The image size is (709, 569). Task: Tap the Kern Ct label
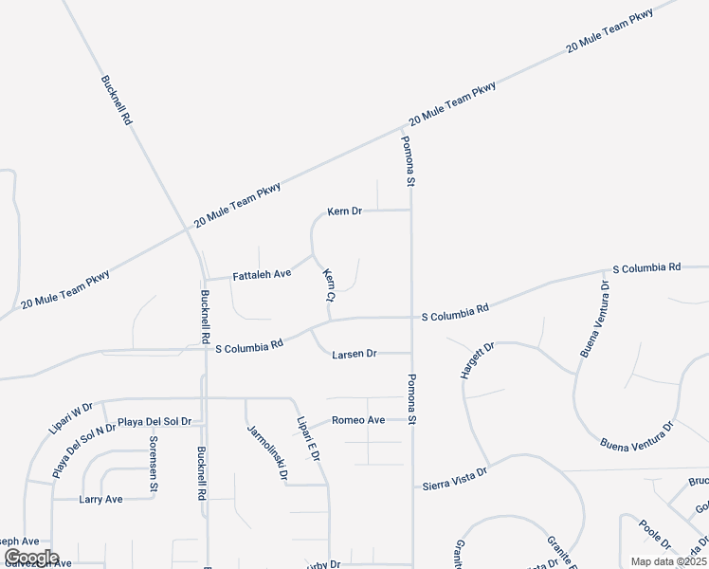click(329, 285)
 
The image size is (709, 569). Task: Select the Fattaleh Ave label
click(263, 274)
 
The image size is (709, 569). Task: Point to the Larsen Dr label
click(354, 354)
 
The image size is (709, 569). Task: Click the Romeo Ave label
click(358, 420)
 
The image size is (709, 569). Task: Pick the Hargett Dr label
click(477, 361)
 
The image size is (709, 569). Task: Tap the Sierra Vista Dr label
click(455, 478)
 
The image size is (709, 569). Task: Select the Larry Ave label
click(100, 499)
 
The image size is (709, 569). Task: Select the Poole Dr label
click(654, 535)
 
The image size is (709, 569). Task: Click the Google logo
click(31, 558)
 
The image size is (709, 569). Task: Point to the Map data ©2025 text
click(669, 561)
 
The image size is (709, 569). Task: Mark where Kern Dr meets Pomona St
click(410, 211)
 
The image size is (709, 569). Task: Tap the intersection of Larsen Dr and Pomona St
click(411, 354)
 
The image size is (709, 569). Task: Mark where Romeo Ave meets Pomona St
click(411, 420)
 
